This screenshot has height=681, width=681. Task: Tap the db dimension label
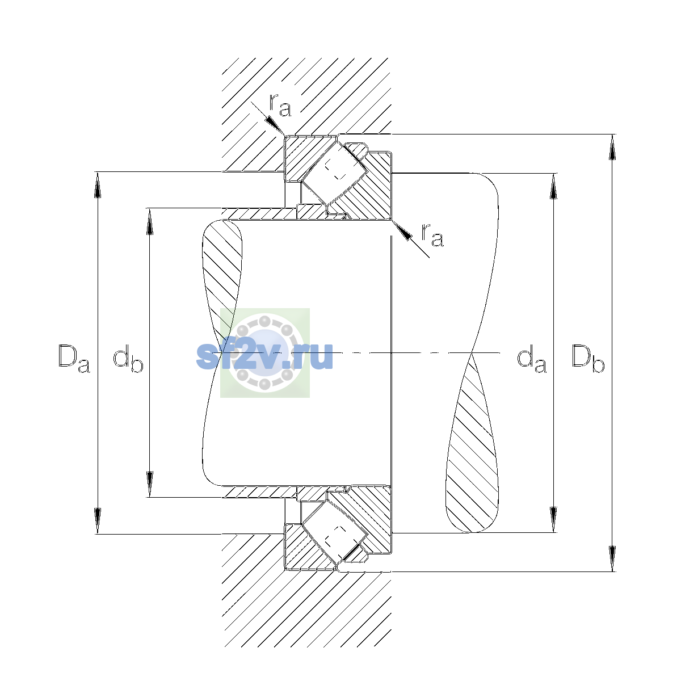(x=128, y=359)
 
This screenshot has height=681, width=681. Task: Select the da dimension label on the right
(x=532, y=359)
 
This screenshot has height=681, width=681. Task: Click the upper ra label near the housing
(x=280, y=106)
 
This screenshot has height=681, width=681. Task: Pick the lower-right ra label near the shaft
(x=432, y=235)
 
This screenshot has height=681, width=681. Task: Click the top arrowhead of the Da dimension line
(x=98, y=185)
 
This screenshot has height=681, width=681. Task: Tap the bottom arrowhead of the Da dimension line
(x=98, y=521)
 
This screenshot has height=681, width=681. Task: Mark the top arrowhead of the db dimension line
(x=150, y=221)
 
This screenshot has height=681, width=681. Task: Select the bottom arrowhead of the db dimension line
(x=150, y=484)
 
